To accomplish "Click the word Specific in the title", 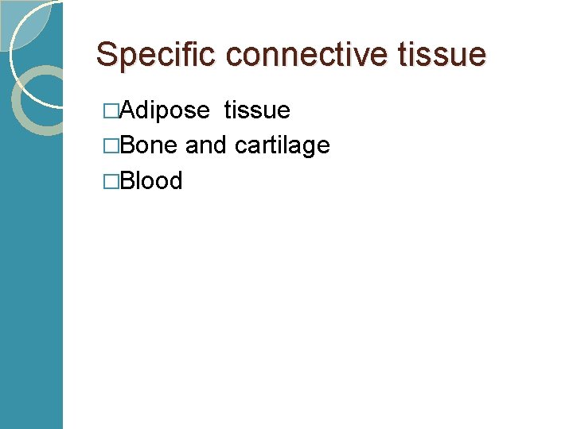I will click(157, 55).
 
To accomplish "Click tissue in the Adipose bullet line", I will click(257, 110).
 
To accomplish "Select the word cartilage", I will click(282, 145).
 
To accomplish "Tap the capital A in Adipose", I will click(124, 110).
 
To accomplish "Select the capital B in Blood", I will click(124, 180).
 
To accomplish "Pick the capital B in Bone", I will click(124, 145).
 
